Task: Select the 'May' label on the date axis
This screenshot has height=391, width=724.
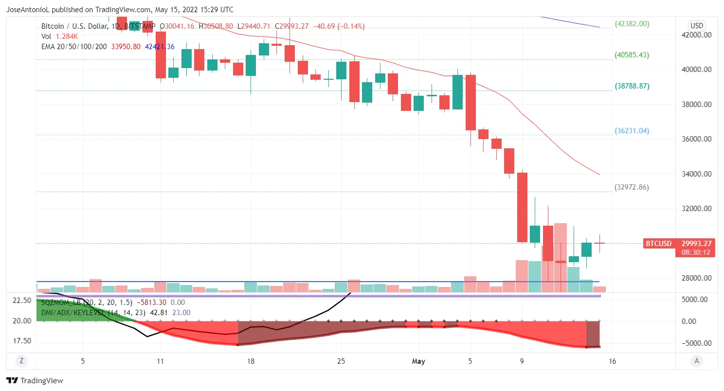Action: [x=418, y=361]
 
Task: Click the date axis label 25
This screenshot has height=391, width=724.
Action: [x=341, y=361]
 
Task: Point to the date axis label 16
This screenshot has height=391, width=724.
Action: [x=613, y=361]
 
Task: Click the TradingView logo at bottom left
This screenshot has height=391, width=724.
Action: [x=35, y=381]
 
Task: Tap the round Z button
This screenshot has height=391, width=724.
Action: [x=21, y=361]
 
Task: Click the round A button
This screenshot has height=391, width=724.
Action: [x=697, y=361]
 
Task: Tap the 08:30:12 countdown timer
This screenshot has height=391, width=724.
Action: [x=695, y=252]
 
